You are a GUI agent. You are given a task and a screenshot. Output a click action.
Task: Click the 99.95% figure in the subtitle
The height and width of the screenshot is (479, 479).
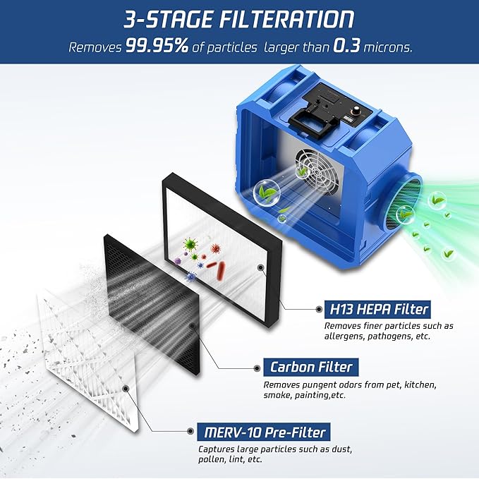point(157,47)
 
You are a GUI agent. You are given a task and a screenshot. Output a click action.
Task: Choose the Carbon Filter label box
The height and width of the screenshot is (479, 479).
point(311,367)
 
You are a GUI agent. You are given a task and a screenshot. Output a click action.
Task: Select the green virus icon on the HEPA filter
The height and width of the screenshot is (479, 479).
point(189,245)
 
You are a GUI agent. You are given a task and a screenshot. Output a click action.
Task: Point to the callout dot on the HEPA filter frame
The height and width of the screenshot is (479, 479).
point(261,268)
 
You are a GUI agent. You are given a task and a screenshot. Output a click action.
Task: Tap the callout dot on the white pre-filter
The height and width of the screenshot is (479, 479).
point(126,388)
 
